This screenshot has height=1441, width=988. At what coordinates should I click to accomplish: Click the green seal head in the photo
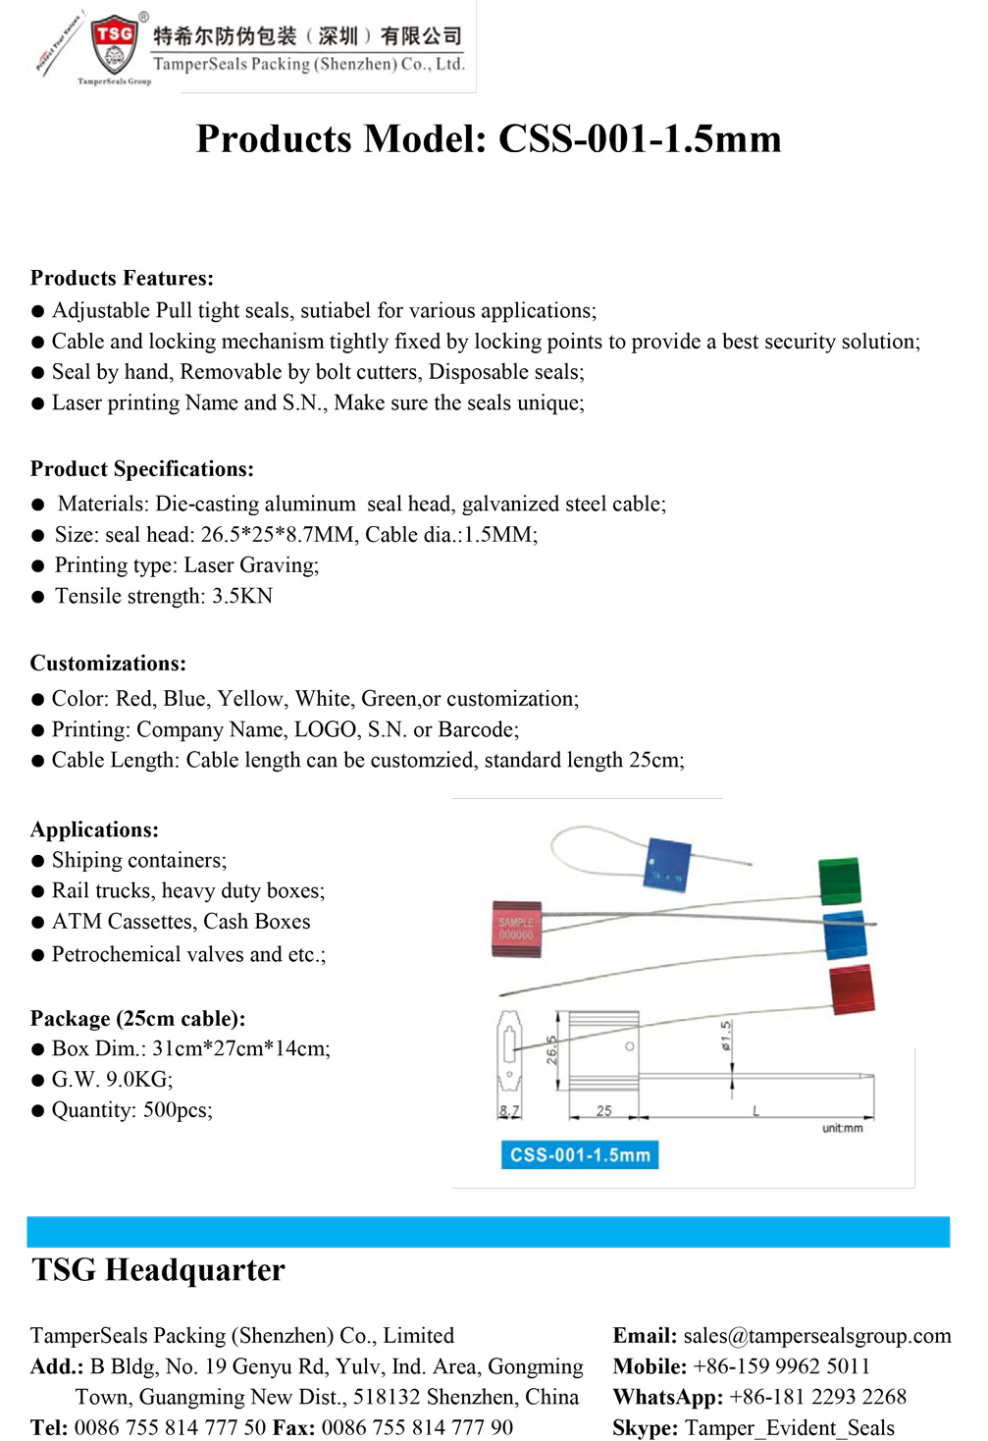pyautogui.click(x=840, y=880)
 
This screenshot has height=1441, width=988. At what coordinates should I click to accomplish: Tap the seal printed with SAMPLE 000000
pyautogui.click(x=516, y=929)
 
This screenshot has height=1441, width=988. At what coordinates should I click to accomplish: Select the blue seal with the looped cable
pyautogui.click(x=668, y=865)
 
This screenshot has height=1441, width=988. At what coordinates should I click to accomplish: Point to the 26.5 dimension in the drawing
pyautogui.click(x=551, y=1049)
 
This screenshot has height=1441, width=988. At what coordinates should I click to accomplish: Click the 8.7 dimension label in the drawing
pyautogui.click(x=508, y=1111)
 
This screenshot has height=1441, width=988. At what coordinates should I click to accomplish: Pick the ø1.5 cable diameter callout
pyautogui.click(x=726, y=1036)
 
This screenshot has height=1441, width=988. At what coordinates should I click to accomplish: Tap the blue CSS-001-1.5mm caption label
pyautogui.click(x=580, y=1155)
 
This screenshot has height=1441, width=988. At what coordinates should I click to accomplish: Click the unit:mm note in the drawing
pyautogui.click(x=842, y=1129)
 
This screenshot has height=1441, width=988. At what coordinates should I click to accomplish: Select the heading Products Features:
pyautogui.click(x=122, y=278)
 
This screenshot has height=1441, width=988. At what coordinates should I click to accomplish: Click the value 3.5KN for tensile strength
pyautogui.click(x=242, y=596)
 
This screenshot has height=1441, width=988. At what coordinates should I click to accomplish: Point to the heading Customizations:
pyautogui.click(x=108, y=664)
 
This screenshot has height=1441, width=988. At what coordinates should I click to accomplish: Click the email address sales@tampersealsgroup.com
pyautogui.click(x=816, y=1336)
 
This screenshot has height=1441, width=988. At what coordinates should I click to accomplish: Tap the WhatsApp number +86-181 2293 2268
pyautogui.click(x=817, y=1397)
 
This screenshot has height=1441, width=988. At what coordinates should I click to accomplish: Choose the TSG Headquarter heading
pyautogui.click(x=158, y=1270)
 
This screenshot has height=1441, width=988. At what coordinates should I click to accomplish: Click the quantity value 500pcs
pyautogui.click(x=178, y=1110)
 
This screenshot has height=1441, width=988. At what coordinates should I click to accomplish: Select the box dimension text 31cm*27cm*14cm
pyautogui.click(x=240, y=1048)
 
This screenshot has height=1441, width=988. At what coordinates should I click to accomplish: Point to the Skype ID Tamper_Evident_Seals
pyautogui.click(x=789, y=1428)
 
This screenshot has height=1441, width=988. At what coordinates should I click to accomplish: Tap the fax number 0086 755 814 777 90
pyautogui.click(x=417, y=1428)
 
